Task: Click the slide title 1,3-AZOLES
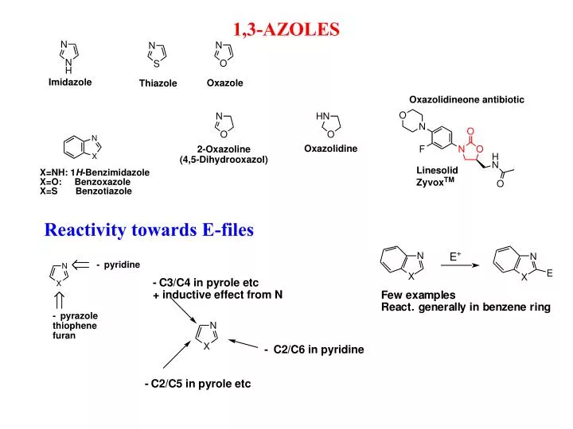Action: pos(286,29)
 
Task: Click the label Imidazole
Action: pos(70,82)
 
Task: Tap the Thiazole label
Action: pos(158,83)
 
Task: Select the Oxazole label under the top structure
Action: pos(224,83)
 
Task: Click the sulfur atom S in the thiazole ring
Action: pos(157,64)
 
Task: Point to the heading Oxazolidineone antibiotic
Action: pos(466,99)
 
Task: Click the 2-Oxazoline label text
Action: pos(224,149)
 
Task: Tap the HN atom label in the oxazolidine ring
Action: pos(322,116)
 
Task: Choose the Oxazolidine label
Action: pos(330,149)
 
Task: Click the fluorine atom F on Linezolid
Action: pos(422,149)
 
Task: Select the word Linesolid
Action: pos(437,170)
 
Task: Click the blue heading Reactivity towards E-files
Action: pos(149,230)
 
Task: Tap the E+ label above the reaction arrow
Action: pos(455,257)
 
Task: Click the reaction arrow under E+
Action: pos(460,265)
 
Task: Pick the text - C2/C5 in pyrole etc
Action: pos(197,384)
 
